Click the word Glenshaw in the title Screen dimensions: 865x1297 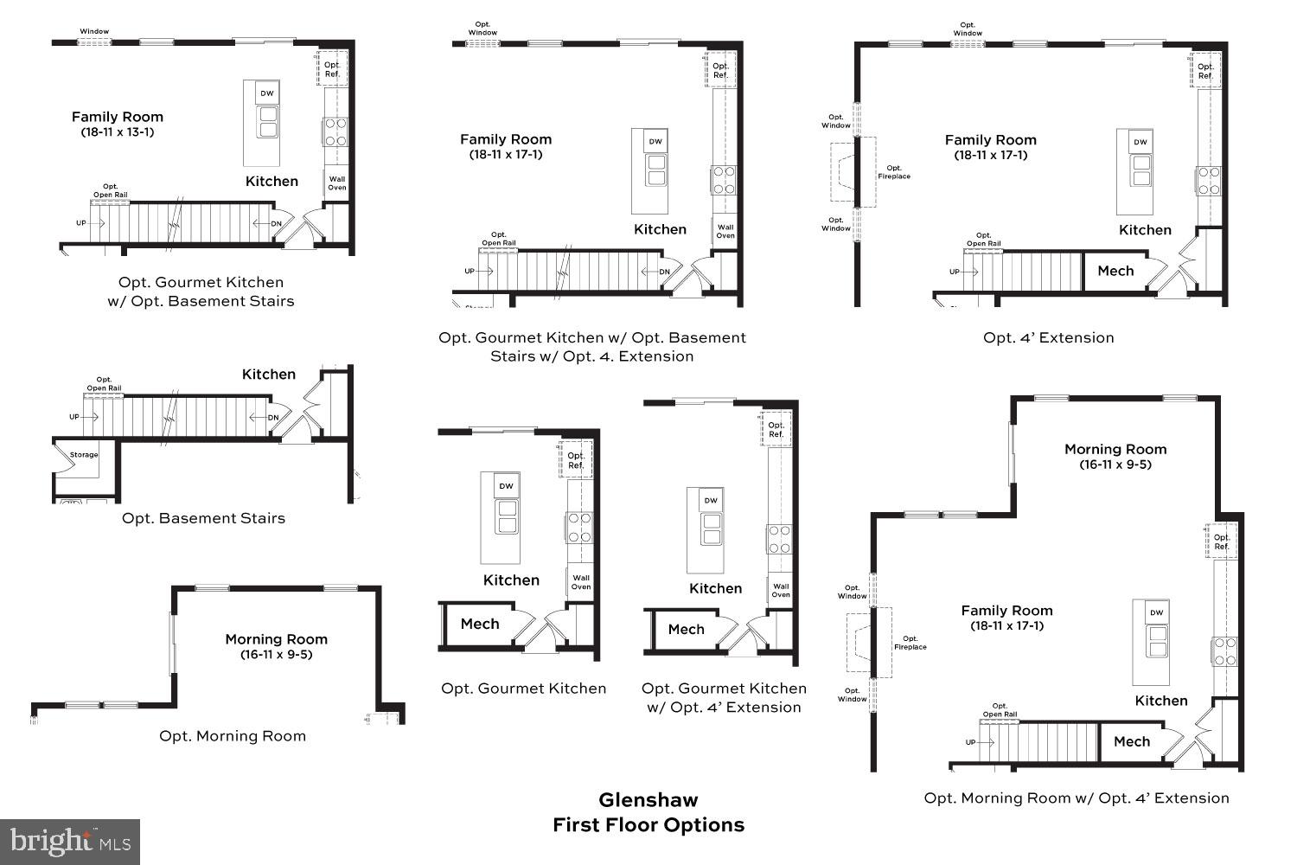648,800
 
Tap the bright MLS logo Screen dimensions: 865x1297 70,841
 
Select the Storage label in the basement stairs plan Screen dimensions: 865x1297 84,455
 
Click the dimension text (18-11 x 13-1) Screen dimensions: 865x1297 118,132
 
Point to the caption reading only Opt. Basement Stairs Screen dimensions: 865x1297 203,518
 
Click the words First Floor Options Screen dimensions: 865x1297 648,825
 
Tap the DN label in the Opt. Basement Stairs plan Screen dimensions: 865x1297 273,418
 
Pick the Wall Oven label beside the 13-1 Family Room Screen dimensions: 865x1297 336,183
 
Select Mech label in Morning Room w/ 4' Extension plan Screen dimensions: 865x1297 1132,741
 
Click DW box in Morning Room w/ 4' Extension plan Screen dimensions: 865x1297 1156,612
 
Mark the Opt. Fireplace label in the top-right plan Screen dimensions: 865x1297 894,172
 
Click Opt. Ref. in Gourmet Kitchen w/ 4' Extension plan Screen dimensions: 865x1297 776,429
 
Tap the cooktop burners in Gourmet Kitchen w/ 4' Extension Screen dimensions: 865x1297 780,539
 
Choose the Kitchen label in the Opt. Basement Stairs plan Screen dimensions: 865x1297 268,375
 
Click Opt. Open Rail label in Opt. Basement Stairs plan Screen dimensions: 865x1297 104,384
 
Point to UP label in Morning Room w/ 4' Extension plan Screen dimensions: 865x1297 970,742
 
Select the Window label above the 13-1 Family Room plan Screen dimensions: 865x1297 94,31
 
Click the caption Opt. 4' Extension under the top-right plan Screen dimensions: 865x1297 1048,337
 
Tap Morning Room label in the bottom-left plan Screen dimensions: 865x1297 276,639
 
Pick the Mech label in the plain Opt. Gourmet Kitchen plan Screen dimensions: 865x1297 480,624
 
